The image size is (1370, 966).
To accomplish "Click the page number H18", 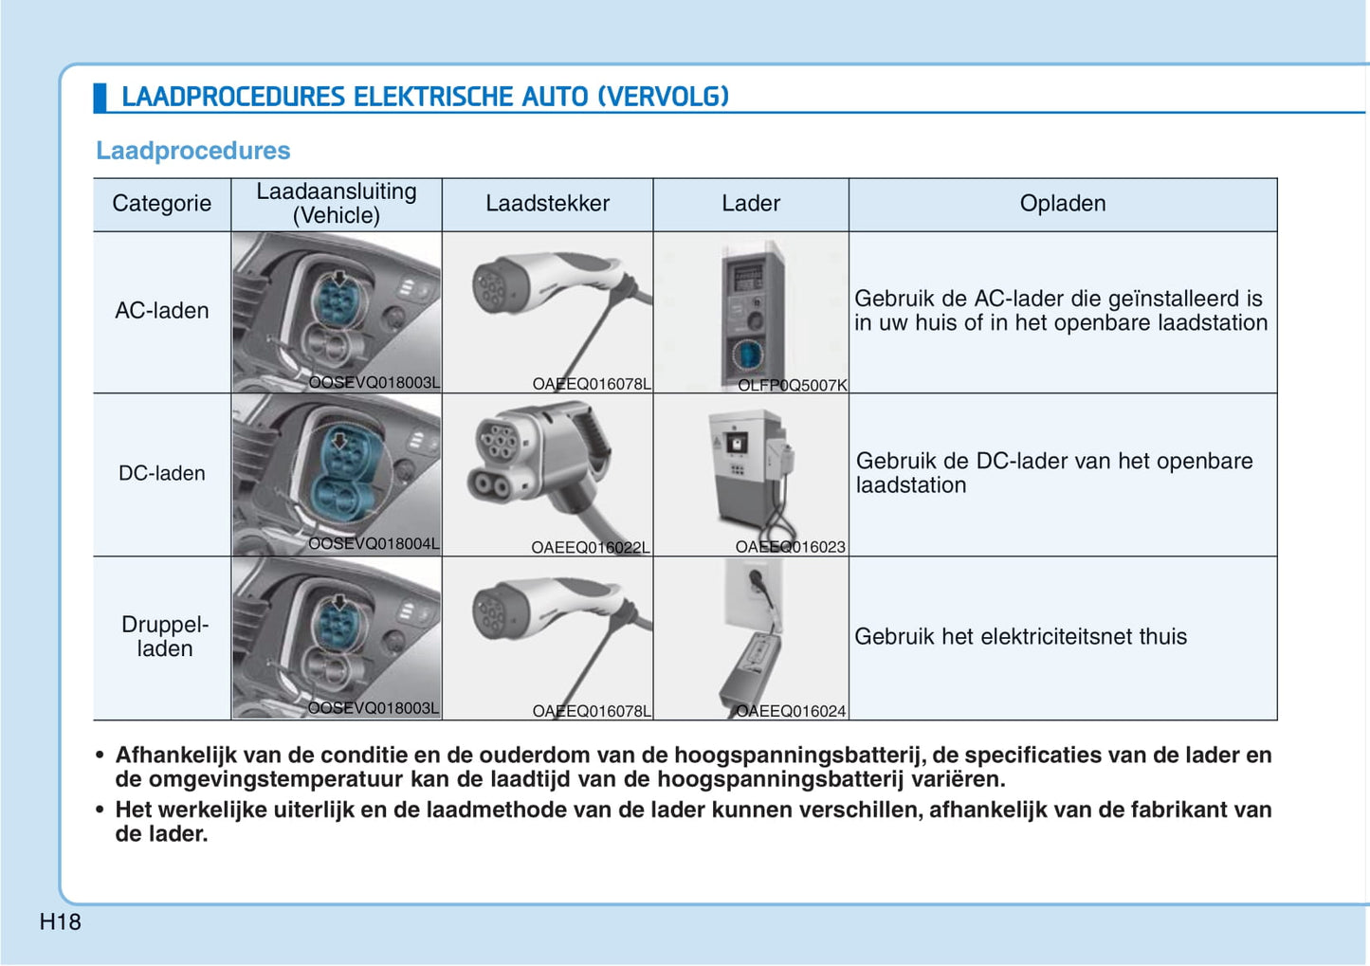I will pyautogui.click(x=60, y=921).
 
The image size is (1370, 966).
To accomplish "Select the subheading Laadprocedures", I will pyautogui.click(x=192, y=151).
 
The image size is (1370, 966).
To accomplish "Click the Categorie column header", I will pyautogui.click(x=161, y=204).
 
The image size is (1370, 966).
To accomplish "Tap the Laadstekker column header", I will pyautogui.click(x=547, y=204).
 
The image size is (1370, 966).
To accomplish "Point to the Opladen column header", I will pyautogui.click(x=1062, y=204).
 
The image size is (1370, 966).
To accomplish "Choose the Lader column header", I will pyautogui.click(x=750, y=204).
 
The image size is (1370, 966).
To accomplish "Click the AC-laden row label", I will pyautogui.click(x=161, y=311).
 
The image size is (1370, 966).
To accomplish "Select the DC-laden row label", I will pyautogui.click(x=161, y=473).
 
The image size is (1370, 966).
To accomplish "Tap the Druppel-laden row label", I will pyautogui.click(x=164, y=636).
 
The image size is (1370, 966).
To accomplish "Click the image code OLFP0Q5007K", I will pyautogui.click(x=792, y=385).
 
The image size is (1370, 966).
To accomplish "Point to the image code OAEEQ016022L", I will pyautogui.click(x=590, y=547).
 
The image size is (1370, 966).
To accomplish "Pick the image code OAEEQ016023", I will pyautogui.click(x=790, y=547).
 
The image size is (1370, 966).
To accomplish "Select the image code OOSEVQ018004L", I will pyautogui.click(x=374, y=544).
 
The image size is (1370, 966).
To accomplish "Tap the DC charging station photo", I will pyautogui.click(x=749, y=469).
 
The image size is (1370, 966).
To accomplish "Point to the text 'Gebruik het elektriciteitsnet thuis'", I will pyautogui.click(x=1020, y=637).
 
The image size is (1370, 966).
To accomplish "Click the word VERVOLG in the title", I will pyautogui.click(x=663, y=97).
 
